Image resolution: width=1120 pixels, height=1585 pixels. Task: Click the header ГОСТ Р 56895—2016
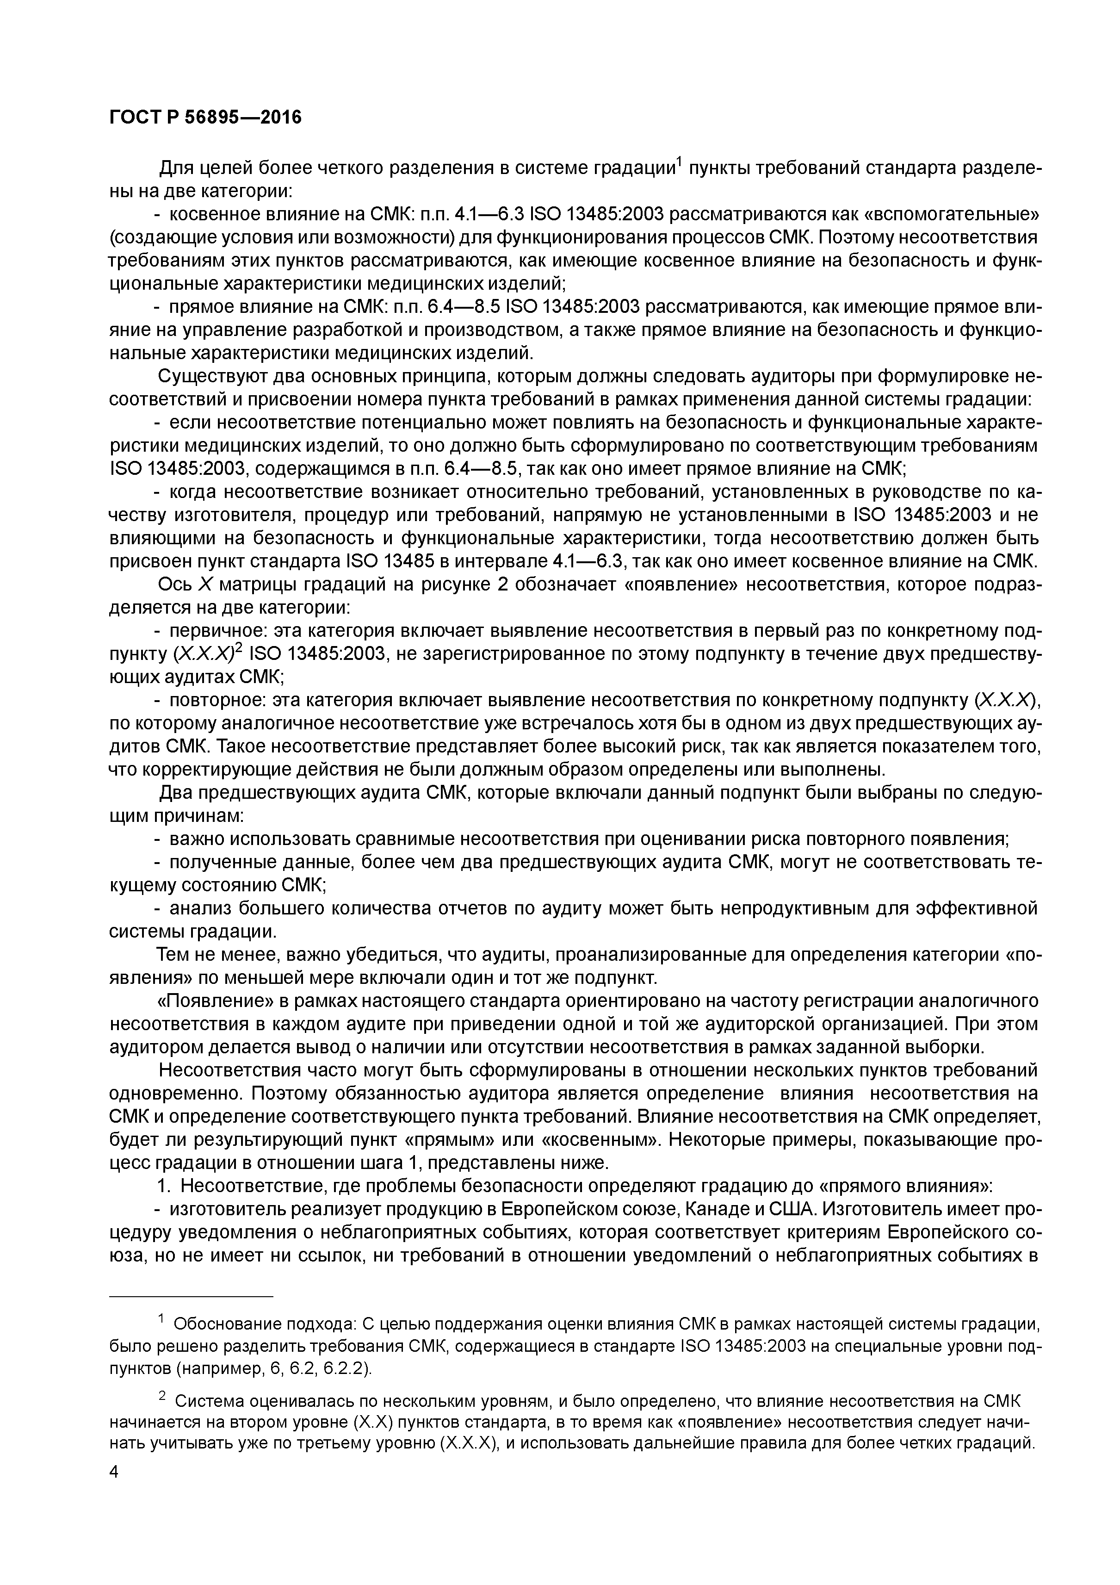pyautogui.click(x=206, y=118)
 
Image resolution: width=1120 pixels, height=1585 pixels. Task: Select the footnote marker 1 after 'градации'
pyautogui.click(x=678, y=163)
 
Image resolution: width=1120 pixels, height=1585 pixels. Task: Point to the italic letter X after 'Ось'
pyautogui.click(x=205, y=584)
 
